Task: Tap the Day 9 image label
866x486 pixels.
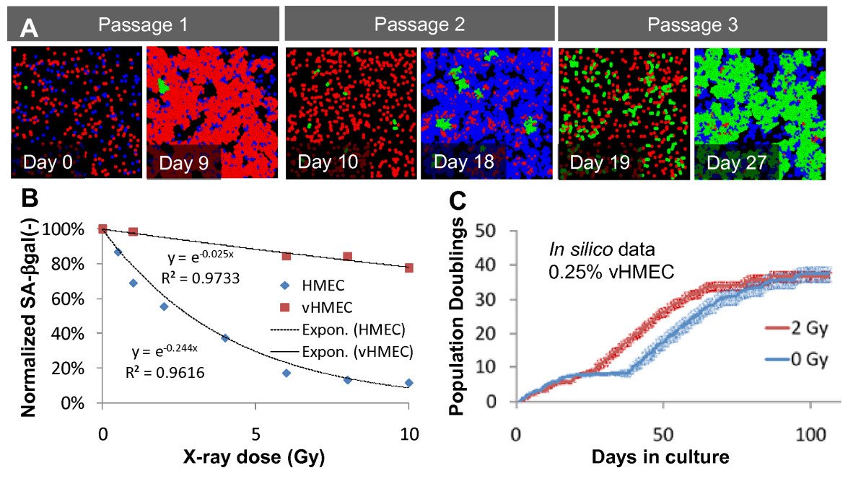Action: pyautogui.click(x=180, y=162)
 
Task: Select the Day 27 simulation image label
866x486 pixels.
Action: pyautogui.click(x=733, y=161)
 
